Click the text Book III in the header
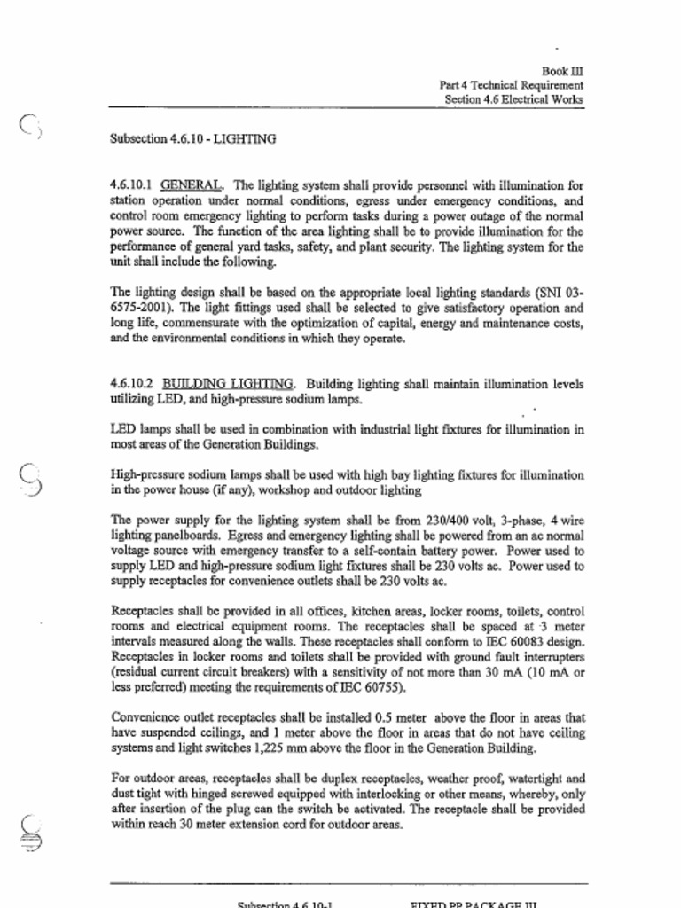coord(562,71)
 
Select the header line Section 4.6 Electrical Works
coord(514,100)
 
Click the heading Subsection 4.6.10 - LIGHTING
coord(192,139)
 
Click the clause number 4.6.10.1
coord(131,186)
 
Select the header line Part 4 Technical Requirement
coord(511,85)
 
